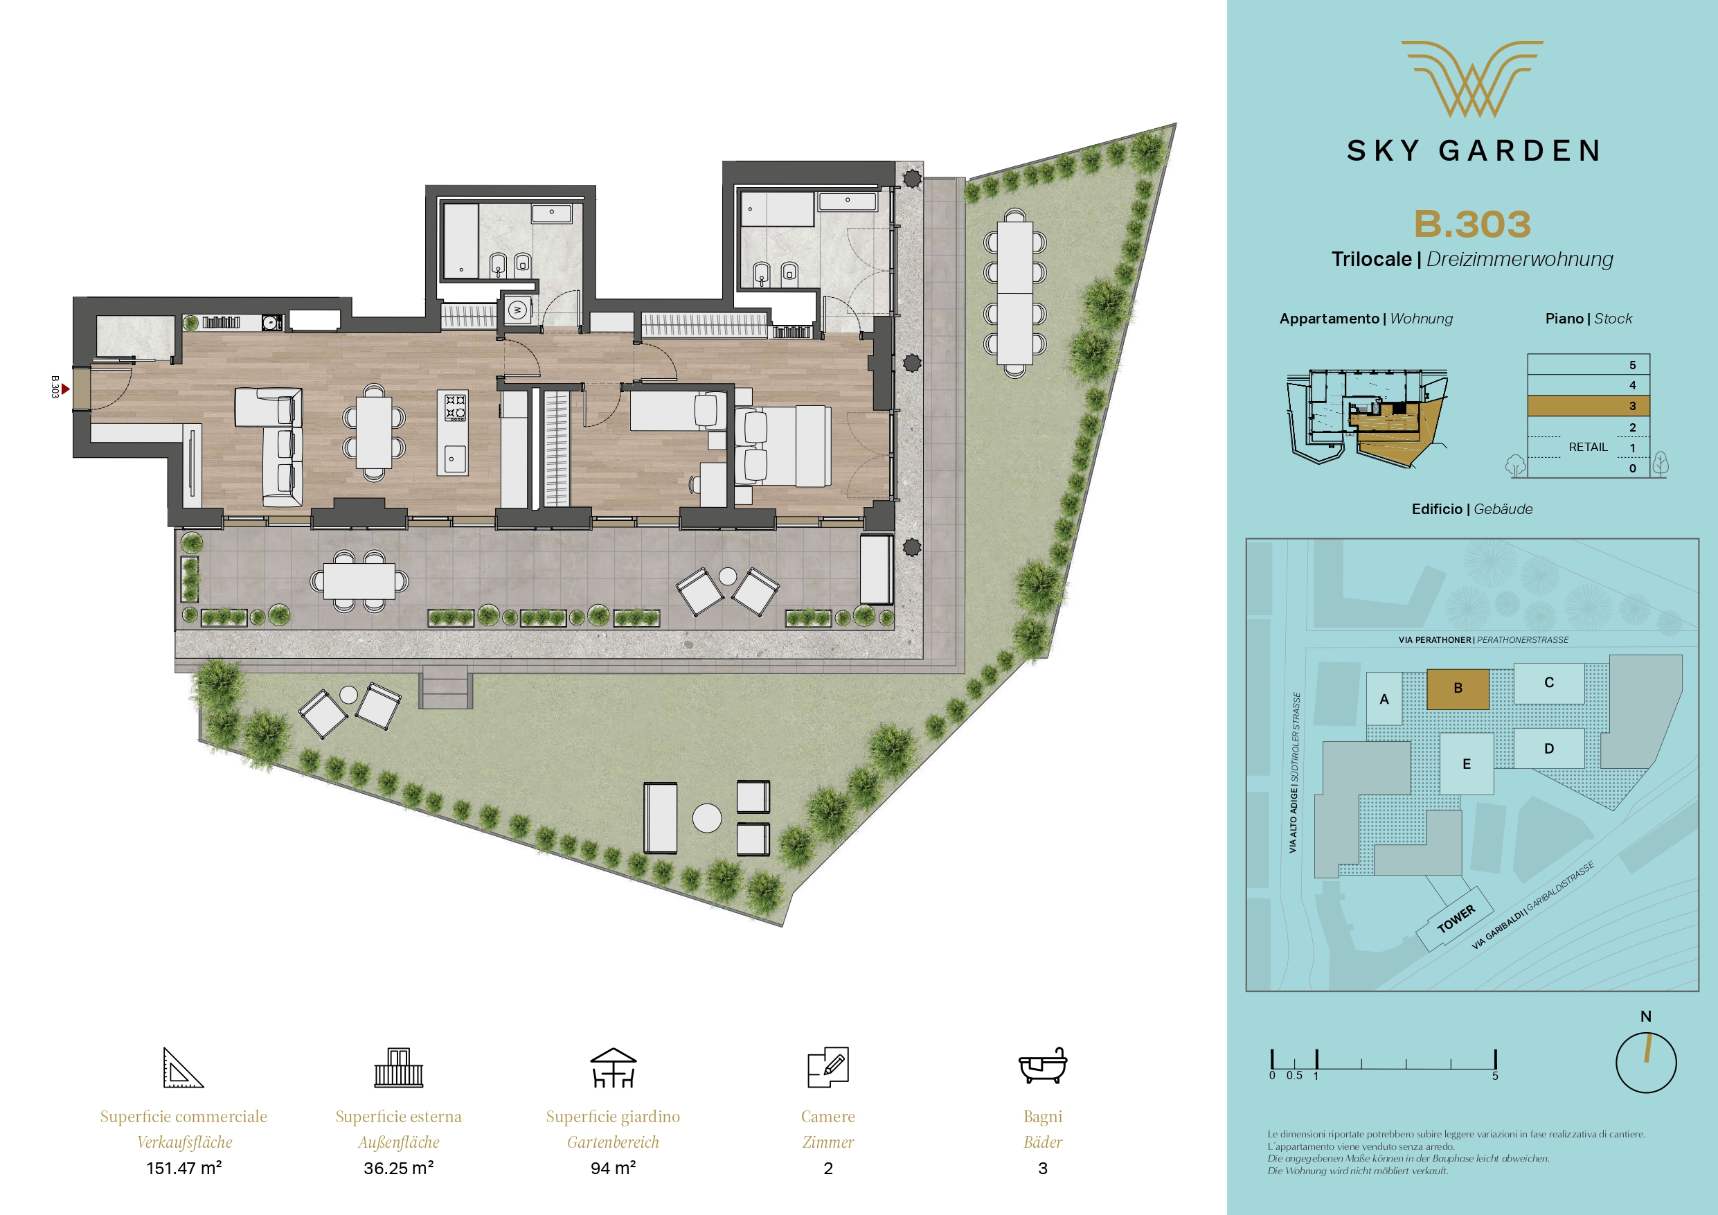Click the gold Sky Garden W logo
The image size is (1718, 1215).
pyautogui.click(x=1471, y=78)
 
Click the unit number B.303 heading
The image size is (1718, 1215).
pyautogui.click(x=1471, y=224)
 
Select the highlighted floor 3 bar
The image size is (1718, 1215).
pyautogui.click(x=1589, y=406)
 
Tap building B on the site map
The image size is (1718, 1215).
pyautogui.click(x=1458, y=689)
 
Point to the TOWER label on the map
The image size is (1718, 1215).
pyautogui.click(x=1456, y=919)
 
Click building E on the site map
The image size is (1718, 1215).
pyautogui.click(x=1467, y=763)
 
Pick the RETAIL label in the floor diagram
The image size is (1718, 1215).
pyautogui.click(x=1588, y=447)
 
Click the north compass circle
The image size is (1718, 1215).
pyautogui.click(x=1646, y=1063)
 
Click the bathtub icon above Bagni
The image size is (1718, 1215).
pyautogui.click(x=1042, y=1066)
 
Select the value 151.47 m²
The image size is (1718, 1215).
pyautogui.click(x=184, y=1168)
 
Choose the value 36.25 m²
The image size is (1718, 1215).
pyautogui.click(x=399, y=1168)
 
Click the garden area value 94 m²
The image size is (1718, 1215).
pyautogui.click(x=613, y=1168)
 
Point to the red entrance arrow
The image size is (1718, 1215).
pyautogui.click(x=66, y=389)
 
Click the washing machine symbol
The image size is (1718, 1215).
pyautogui.click(x=517, y=309)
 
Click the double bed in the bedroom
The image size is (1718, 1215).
pyautogui.click(x=782, y=446)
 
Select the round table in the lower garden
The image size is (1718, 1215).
pyautogui.click(x=706, y=818)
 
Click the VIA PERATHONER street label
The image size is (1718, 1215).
pyautogui.click(x=1434, y=640)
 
